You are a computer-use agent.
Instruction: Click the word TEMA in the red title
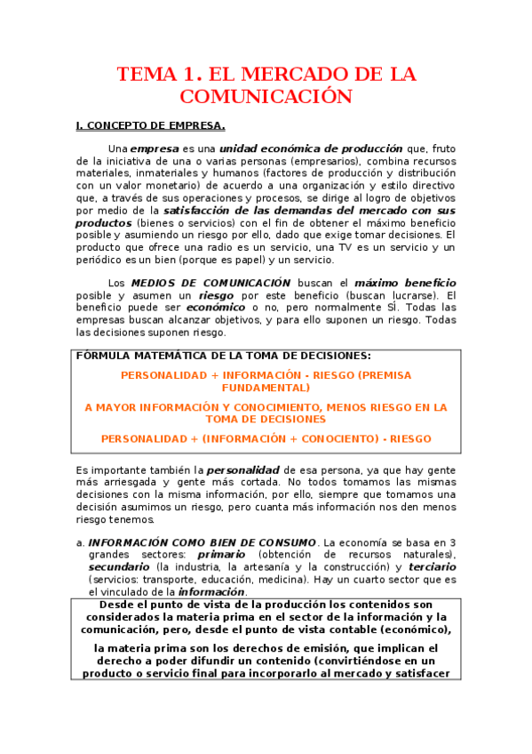(x=148, y=75)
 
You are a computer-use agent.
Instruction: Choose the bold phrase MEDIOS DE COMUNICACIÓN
(x=210, y=282)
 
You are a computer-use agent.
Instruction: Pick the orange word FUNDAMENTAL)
(x=266, y=388)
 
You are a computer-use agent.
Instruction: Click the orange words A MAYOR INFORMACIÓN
(x=142, y=407)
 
